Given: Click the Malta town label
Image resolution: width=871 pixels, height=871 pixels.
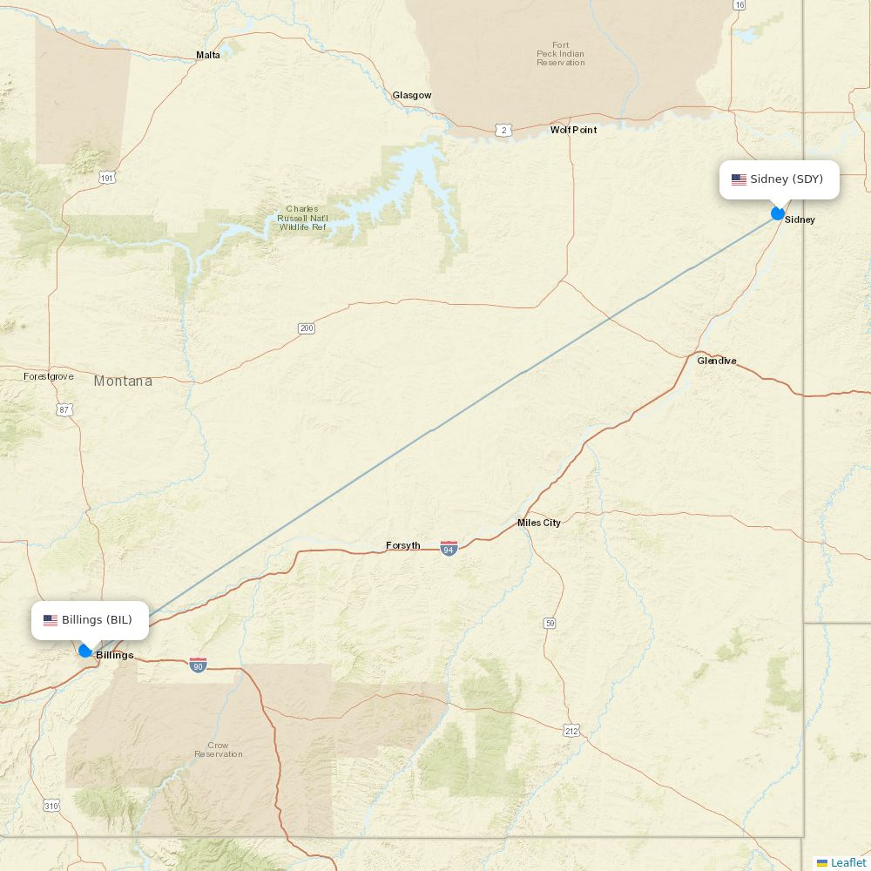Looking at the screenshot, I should tap(208, 55).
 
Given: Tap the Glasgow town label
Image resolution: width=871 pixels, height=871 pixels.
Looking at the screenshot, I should tap(411, 95).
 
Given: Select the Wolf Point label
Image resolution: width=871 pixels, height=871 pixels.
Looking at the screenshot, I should tap(573, 130).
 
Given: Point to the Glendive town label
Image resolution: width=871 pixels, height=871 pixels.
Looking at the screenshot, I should tap(716, 361).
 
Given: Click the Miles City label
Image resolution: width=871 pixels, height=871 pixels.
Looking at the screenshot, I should tap(539, 523).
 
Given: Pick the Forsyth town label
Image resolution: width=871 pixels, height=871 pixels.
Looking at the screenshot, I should tap(403, 546).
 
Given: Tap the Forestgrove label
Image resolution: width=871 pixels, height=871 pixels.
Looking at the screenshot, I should tap(49, 376).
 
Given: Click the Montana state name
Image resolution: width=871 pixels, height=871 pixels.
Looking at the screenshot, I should tap(123, 381).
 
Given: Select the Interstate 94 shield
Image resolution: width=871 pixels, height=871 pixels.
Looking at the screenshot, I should tap(449, 548).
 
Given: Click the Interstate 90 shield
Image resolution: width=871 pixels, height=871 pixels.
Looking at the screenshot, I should tap(198, 665).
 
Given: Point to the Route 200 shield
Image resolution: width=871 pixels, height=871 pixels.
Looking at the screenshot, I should tap(306, 328).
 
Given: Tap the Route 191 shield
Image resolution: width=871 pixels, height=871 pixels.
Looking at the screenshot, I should tap(107, 178).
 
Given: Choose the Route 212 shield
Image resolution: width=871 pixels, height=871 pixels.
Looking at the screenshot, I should tap(571, 730).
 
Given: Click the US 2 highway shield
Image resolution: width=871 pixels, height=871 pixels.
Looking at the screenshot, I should tap(503, 130).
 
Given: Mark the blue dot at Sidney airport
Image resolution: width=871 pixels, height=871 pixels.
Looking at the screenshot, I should tap(778, 213).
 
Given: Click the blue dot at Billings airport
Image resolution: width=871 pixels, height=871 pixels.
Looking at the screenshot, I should tap(85, 651).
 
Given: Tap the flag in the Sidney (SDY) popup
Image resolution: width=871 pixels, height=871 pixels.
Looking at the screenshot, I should tap(739, 180).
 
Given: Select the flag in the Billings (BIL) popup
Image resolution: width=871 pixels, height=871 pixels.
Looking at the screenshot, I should tap(51, 620).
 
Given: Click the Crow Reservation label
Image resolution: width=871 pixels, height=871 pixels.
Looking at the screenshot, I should tap(219, 750).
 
